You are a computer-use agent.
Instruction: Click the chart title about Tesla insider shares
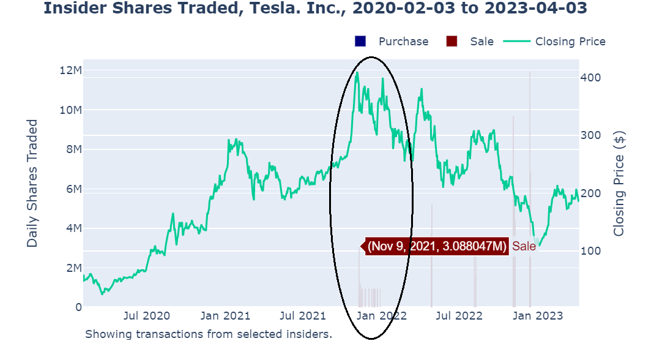coord(316,9)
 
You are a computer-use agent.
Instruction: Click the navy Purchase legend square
coord(360,41)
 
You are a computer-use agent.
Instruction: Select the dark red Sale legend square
coord(452,41)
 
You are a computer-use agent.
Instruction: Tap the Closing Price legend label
coord(570,41)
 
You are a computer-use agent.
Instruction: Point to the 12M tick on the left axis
coord(70,70)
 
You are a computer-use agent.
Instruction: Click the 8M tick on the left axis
coord(73,149)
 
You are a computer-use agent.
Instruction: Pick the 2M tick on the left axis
coord(73,268)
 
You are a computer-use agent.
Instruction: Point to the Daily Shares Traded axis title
coord(32,184)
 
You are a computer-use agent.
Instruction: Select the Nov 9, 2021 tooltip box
coord(437,246)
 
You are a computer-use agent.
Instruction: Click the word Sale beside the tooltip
coord(524,246)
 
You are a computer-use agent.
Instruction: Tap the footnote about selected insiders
coord(208,334)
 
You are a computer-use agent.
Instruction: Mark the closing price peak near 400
coord(357,72)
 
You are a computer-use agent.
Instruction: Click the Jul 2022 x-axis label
coord(459,316)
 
